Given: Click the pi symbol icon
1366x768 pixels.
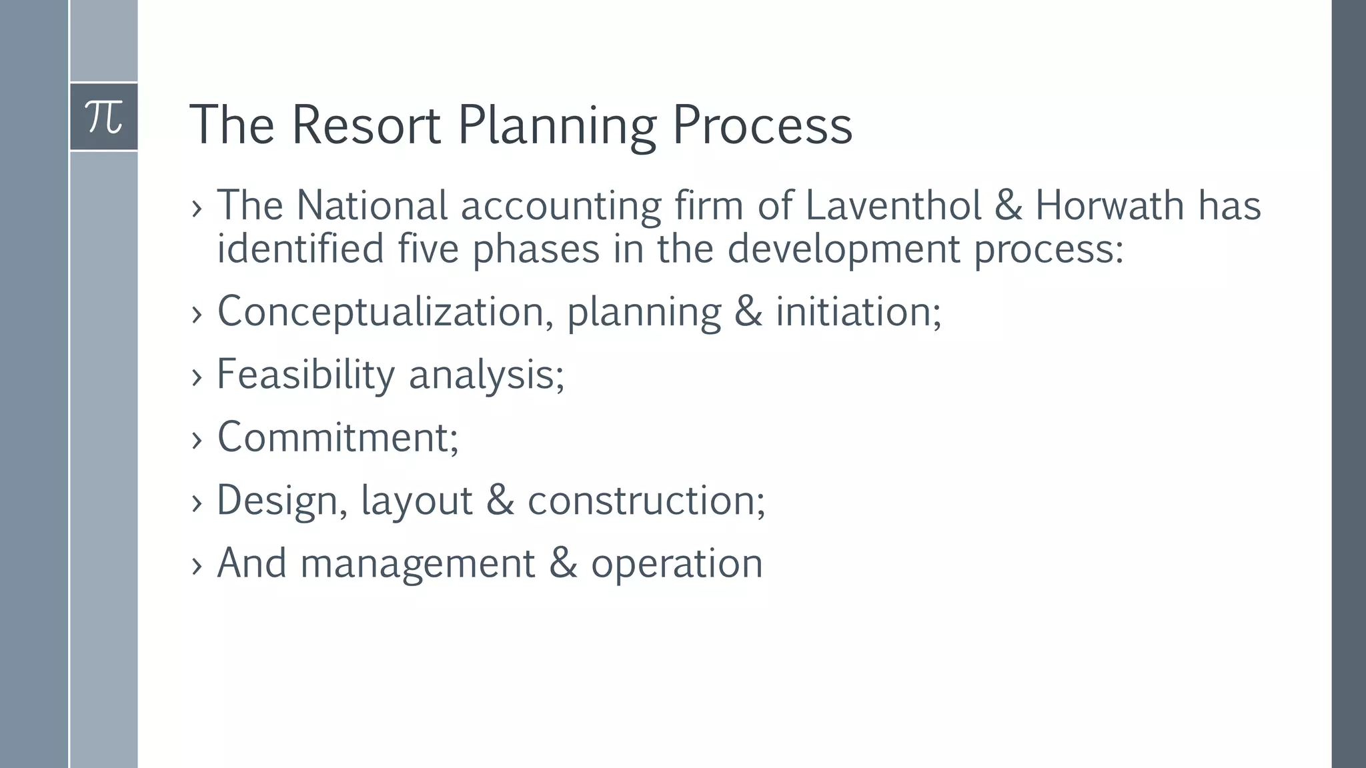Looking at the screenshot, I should tap(104, 117).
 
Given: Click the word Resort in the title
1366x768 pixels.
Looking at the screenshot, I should tap(366, 125).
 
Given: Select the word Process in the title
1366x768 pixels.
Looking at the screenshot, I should tap(762, 125).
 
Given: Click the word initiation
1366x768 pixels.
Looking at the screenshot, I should tap(858, 311).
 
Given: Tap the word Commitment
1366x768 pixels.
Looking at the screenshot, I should tap(337, 437).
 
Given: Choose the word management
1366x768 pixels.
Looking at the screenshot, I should tap(418, 564).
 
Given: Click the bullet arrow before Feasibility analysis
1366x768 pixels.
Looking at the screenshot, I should tap(196, 377).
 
